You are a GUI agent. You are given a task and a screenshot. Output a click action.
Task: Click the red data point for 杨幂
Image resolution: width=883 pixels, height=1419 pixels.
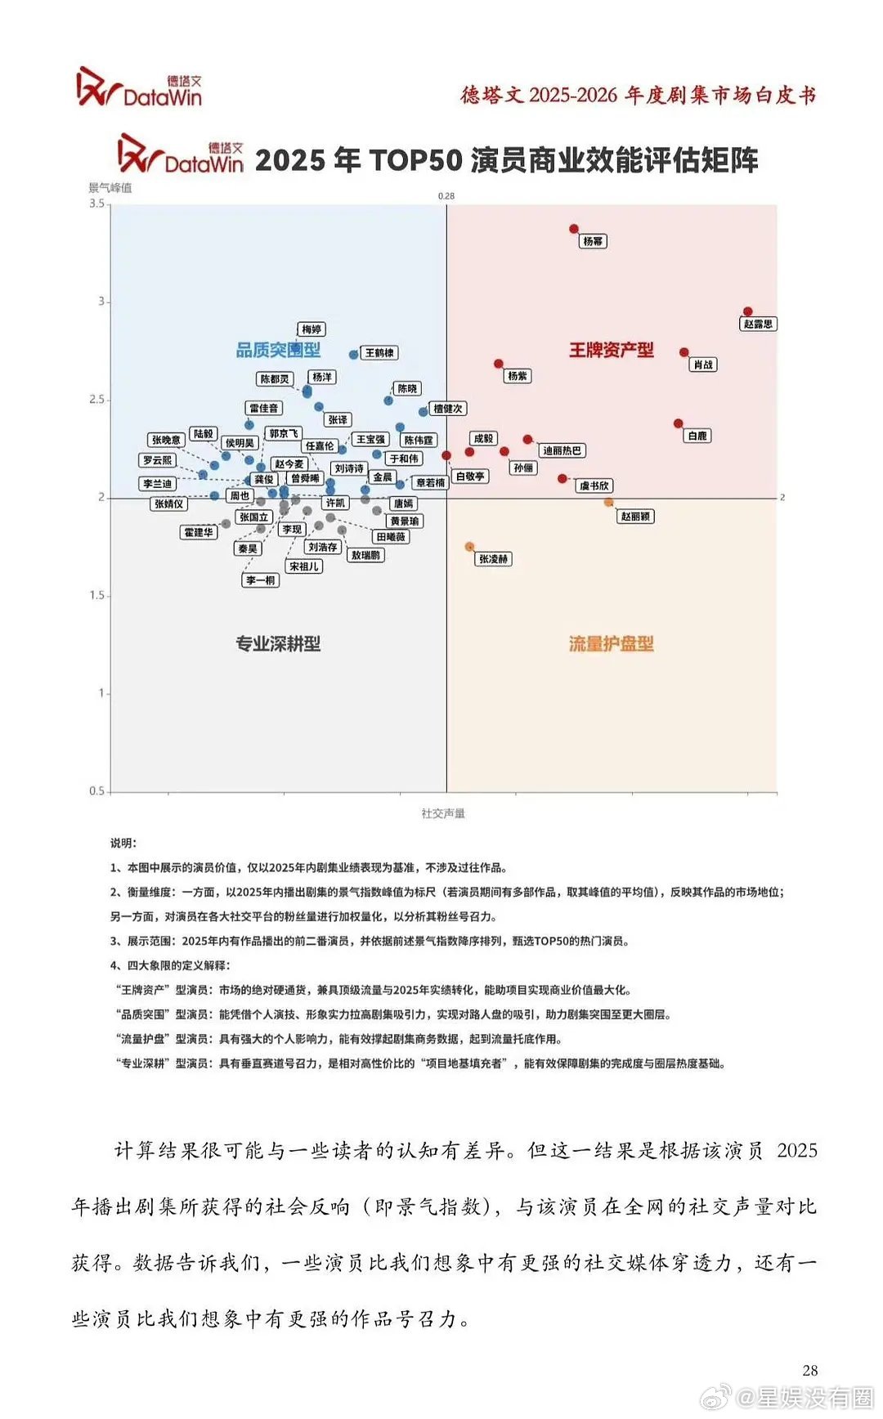click(x=574, y=229)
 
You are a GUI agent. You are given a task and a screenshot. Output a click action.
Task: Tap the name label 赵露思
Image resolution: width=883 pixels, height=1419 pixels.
click(x=758, y=324)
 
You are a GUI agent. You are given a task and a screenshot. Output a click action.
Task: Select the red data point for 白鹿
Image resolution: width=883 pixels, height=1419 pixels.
click(x=679, y=423)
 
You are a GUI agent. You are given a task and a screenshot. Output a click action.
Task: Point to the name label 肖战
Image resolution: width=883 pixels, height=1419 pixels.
click(x=703, y=365)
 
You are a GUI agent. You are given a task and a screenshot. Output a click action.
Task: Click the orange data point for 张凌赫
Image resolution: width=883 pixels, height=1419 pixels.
click(x=469, y=546)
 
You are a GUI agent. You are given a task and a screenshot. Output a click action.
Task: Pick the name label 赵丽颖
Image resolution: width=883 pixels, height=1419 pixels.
click(x=635, y=517)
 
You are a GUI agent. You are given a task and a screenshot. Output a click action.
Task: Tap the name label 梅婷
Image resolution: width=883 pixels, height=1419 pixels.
click(x=312, y=329)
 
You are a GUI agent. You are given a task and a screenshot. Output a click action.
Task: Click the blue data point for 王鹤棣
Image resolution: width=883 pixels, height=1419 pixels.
click(x=353, y=355)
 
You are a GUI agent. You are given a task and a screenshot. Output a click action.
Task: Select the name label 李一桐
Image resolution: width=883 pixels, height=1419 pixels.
click(x=261, y=580)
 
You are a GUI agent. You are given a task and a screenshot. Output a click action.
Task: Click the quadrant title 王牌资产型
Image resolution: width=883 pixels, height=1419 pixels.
click(x=612, y=350)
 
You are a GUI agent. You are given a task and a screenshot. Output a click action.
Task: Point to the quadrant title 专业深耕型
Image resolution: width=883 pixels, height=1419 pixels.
click(x=278, y=644)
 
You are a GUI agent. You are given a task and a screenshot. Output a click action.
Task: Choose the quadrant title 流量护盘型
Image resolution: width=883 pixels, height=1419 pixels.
click(x=612, y=644)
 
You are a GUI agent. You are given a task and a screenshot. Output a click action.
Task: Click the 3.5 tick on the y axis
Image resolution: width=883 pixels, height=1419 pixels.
click(x=96, y=204)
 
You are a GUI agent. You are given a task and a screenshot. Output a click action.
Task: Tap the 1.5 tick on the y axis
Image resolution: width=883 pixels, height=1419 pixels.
click(x=96, y=596)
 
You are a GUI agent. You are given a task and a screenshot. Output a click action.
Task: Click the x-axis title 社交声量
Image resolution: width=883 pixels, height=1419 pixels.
click(x=443, y=813)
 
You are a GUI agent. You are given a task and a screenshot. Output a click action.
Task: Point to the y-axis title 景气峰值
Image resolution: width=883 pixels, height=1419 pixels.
click(x=110, y=188)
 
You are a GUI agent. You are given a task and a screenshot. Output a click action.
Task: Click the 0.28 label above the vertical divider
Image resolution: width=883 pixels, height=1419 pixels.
click(x=446, y=196)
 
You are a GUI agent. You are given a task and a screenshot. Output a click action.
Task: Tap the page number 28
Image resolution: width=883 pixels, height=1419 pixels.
click(x=809, y=1371)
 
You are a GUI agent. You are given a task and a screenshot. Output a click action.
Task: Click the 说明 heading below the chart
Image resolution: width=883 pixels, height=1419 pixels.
click(x=123, y=843)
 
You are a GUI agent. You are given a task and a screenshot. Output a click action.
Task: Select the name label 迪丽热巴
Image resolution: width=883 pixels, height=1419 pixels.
click(x=562, y=450)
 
